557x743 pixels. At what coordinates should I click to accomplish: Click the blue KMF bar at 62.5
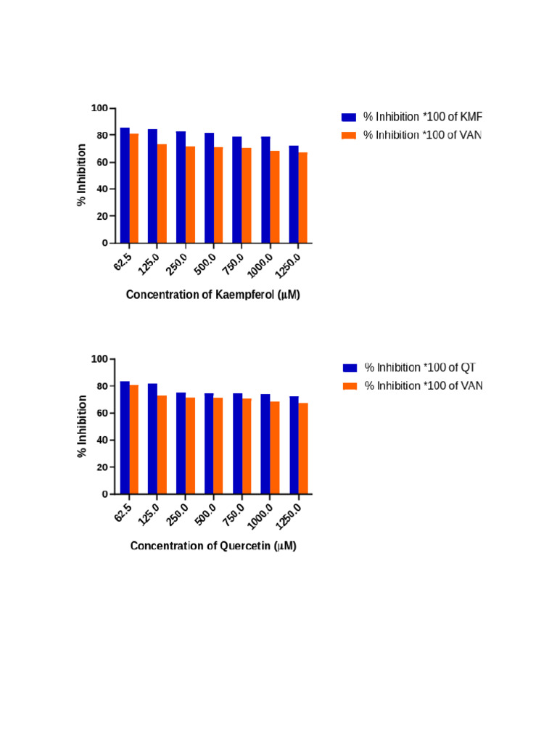coord(125,185)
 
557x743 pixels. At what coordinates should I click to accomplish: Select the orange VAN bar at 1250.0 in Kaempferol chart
coord(302,197)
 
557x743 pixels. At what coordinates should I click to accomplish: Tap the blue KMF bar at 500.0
coord(209,188)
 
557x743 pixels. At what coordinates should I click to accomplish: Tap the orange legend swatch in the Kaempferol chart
coord(349,134)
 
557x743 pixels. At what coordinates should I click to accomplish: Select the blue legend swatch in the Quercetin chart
coord(350,367)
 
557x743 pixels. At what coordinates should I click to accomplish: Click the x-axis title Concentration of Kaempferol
coord(213,295)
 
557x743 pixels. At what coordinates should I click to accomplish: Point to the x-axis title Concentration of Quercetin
coord(213,546)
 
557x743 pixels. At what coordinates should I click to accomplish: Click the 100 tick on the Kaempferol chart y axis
coord(99,108)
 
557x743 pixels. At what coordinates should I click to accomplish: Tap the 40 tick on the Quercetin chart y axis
coord(102,440)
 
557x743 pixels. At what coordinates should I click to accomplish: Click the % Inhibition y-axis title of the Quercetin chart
coord(82,426)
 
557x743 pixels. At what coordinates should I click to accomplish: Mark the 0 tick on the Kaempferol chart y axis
coord(104,243)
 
